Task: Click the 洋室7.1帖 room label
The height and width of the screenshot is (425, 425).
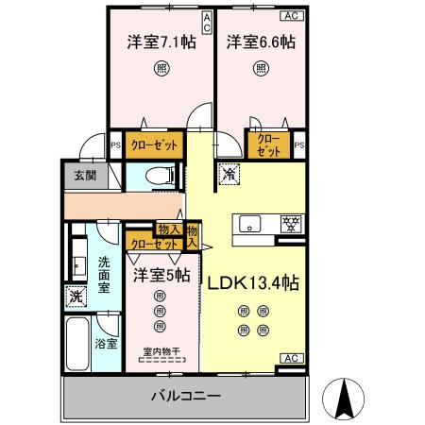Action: tap(161, 43)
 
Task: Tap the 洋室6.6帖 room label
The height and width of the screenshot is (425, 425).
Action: tap(260, 43)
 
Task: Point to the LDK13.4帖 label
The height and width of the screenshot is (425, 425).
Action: tap(253, 281)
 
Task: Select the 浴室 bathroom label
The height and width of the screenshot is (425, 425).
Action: tap(106, 345)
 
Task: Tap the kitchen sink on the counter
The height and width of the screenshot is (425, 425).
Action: tap(250, 224)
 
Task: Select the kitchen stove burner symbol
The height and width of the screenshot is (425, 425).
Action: tap(292, 224)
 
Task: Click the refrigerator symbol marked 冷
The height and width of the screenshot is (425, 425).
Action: tap(228, 174)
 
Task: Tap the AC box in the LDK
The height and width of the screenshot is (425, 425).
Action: tap(292, 358)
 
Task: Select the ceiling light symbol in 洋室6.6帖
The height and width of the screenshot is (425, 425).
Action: tap(260, 68)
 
